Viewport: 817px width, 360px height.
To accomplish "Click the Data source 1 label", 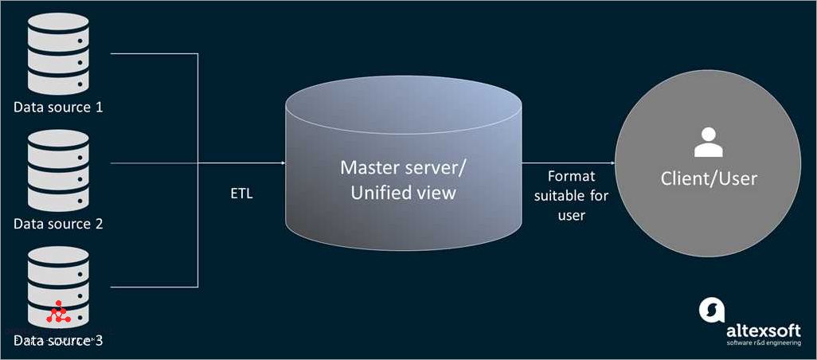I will pyautogui.click(x=58, y=107).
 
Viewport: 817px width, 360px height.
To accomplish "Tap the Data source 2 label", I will pyautogui.click(x=58, y=224).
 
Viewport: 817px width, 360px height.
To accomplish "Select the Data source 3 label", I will pyautogui.click(x=58, y=341).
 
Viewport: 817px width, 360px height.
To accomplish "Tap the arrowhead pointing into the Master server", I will pyautogui.click(x=282, y=162).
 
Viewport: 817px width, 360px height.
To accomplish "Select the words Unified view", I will pyautogui.click(x=398, y=192).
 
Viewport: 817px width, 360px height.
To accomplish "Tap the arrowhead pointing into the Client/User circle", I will pyautogui.click(x=611, y=162).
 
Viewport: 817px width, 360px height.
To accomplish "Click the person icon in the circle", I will pyautogui.click(x=708, y=142).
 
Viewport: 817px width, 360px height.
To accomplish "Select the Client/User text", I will pyautogui.click(x=708, y=178).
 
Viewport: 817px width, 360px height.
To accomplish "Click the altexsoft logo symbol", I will pyautogui.click(x=710, y=311).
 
